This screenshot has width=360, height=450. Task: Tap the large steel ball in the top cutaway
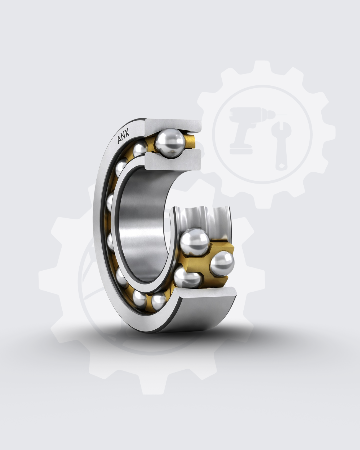[x=170, y=143]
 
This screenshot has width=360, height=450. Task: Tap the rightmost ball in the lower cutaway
[x=222, y=263]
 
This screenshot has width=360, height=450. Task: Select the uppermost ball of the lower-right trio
[x=194, y=242]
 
